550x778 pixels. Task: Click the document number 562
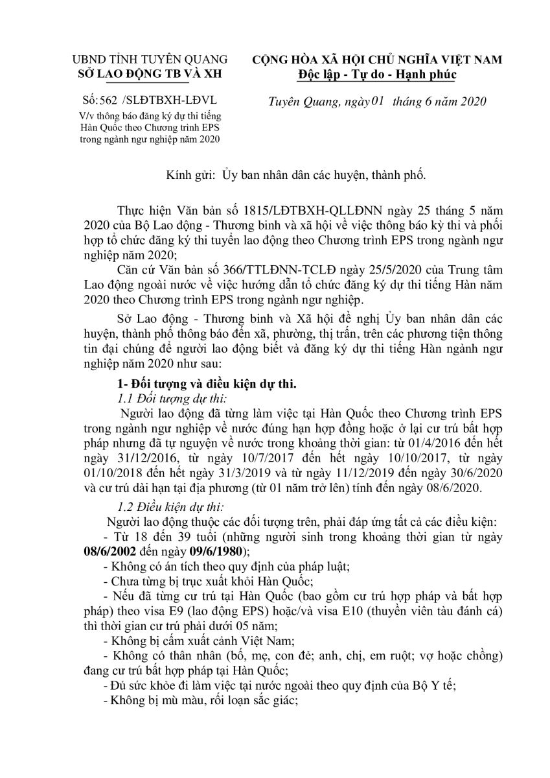[111, 102]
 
